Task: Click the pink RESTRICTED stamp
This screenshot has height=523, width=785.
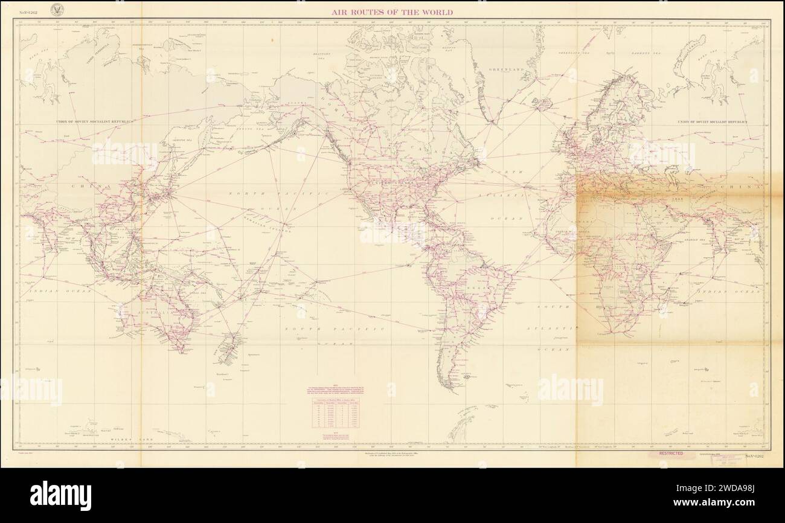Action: [x=671, y=453]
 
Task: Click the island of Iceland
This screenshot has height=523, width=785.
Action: [x=541, y=103]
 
